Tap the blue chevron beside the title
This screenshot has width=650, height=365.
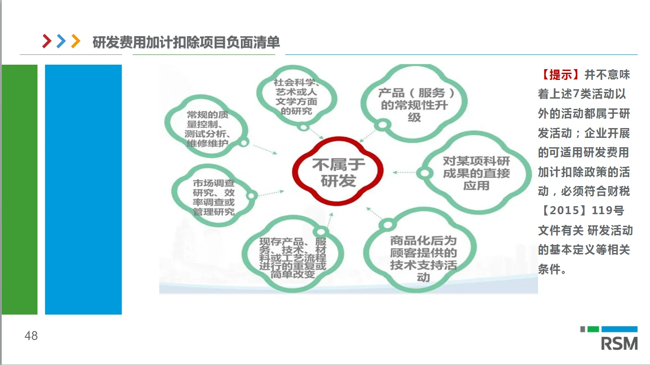[61, 41]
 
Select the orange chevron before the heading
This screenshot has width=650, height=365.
[76, 41]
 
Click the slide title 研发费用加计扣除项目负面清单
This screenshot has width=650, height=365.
[186, 42]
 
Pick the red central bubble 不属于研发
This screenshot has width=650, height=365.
[338, 172]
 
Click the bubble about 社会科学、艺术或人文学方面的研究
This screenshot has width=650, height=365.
[296, 96]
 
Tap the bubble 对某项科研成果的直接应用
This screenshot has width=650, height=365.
[476, 173]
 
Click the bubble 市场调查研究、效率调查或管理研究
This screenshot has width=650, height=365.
[213, 197]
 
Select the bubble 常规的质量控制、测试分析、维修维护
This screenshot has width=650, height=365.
[207, 129]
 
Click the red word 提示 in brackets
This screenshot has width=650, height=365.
[560, 75]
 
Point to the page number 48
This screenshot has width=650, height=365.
[31, 336]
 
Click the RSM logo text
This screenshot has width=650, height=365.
[619, 344]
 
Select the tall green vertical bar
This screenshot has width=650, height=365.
[20, 190]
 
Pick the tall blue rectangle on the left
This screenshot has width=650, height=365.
[83, 190]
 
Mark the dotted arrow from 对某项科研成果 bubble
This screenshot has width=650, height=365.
[404, 172]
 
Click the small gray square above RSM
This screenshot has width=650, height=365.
[583, 329]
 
